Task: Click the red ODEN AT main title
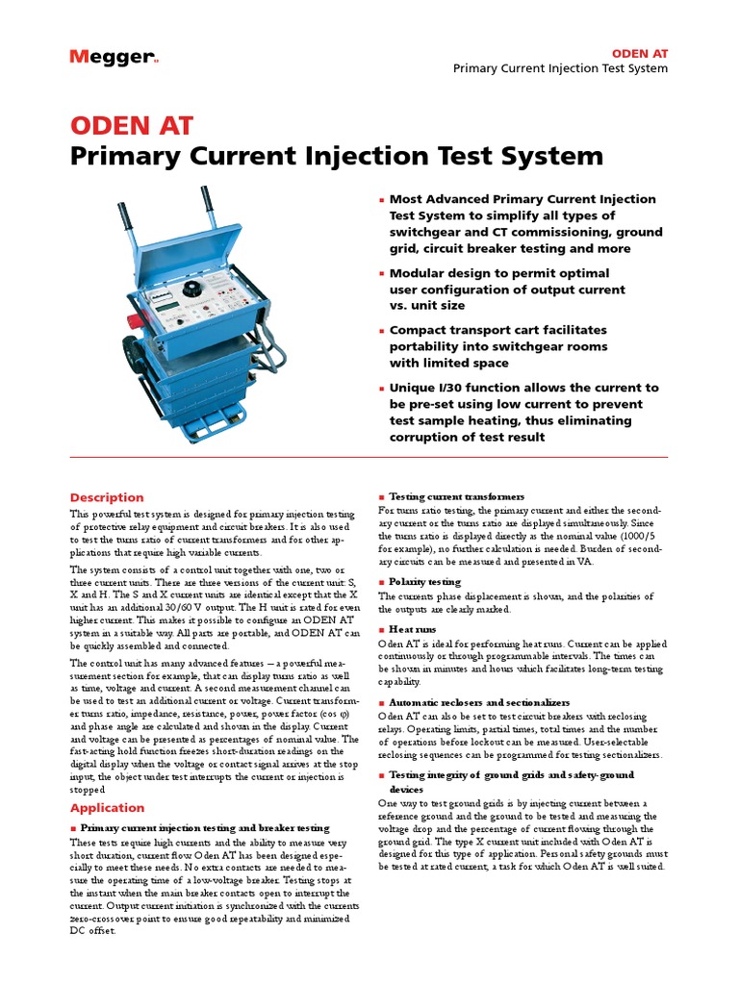pos(132,126)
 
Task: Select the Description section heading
pos(107,497)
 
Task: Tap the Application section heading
pos(107,808)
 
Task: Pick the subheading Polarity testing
pos(424,582)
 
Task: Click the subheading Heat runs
pos(412,628)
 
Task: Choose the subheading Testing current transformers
pos(457,496)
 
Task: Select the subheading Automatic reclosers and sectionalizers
pos(479,703)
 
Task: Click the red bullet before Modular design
pos(382,274)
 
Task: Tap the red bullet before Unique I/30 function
pos(382,389)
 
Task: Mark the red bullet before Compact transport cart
pos(382,331)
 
